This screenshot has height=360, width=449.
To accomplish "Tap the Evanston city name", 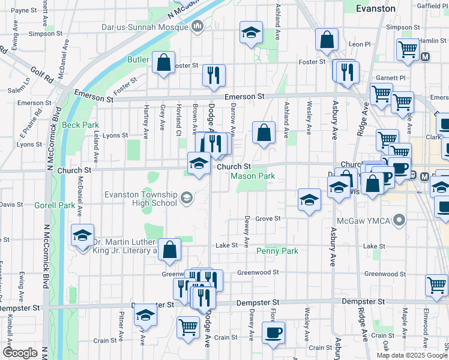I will click(x=376, y=9).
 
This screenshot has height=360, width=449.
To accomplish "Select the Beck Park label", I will click(x=80, y=125).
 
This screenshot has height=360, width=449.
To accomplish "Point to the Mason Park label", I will click(x=253, y=176).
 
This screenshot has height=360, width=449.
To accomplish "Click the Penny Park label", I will click(x=277, y=251).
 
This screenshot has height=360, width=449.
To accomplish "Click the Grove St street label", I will click(x=268, y=218).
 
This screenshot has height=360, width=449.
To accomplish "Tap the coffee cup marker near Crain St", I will click(x=274, y=333).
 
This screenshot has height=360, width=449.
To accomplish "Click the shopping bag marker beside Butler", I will click(x=163, y=63).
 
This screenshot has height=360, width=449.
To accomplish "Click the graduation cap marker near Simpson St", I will click(x=251, y=32).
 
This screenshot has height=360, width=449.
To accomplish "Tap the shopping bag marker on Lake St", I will click(x=170, y=250).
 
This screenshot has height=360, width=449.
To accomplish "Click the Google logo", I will click(x=20, y=353).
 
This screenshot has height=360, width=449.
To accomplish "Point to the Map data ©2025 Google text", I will click(x=412, y=355).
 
